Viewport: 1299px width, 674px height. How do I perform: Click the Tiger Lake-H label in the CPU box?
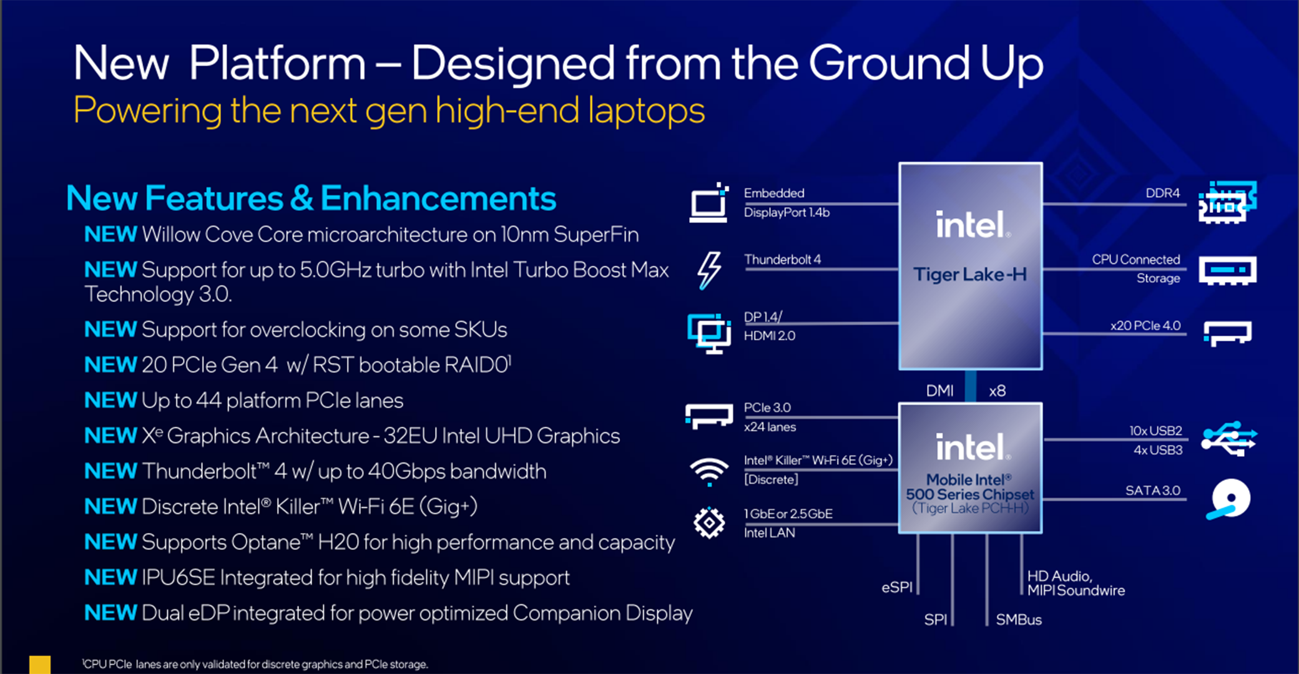click(x=969, y=275)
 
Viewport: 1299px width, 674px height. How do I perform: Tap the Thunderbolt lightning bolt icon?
click(x=709, y=270)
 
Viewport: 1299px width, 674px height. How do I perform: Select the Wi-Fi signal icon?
click(x=709, y=472)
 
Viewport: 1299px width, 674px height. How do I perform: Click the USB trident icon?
click(x=1228, y=439)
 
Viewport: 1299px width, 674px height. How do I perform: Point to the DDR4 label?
click(x=1162, y=193)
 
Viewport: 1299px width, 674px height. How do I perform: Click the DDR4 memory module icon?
click(x=1227, y=202)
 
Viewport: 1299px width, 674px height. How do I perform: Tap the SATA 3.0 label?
click(x=1152, y=491)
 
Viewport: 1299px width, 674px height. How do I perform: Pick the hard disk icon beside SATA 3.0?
click(x=1228, y=499)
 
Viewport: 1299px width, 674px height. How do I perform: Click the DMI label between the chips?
click(x=939, y=391)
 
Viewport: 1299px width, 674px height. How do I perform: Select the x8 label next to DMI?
click(x=997, y=391)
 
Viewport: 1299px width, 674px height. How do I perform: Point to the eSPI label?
click(x=897, y=587)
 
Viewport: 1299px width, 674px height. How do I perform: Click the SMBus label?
click(x=1019, y=620)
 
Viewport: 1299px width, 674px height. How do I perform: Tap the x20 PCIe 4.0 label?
click(x=1145, y=326)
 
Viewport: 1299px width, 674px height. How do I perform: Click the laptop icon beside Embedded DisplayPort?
click(x=709, y=202)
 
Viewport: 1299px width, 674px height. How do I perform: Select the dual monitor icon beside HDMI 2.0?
click(x=709, y=334)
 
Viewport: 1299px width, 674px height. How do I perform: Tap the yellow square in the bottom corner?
click(x=40, y=665)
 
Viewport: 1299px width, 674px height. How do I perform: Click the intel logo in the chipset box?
click(x=970, y=447)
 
